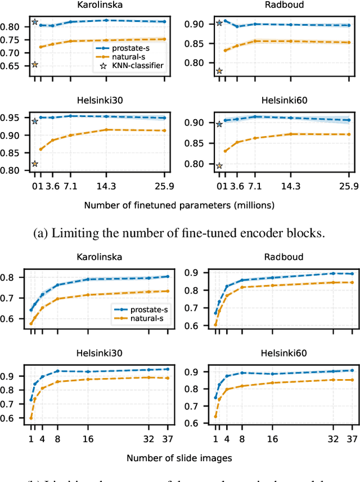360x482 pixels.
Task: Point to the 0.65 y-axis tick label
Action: (11, 65)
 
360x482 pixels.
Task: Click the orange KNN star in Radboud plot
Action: (219, 71)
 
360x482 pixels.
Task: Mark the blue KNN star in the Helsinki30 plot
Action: (34, 121)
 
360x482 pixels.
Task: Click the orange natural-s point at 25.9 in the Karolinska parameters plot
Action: (164, 39)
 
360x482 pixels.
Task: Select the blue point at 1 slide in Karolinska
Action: (31, 310)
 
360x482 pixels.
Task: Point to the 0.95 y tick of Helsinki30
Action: (11, 118)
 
